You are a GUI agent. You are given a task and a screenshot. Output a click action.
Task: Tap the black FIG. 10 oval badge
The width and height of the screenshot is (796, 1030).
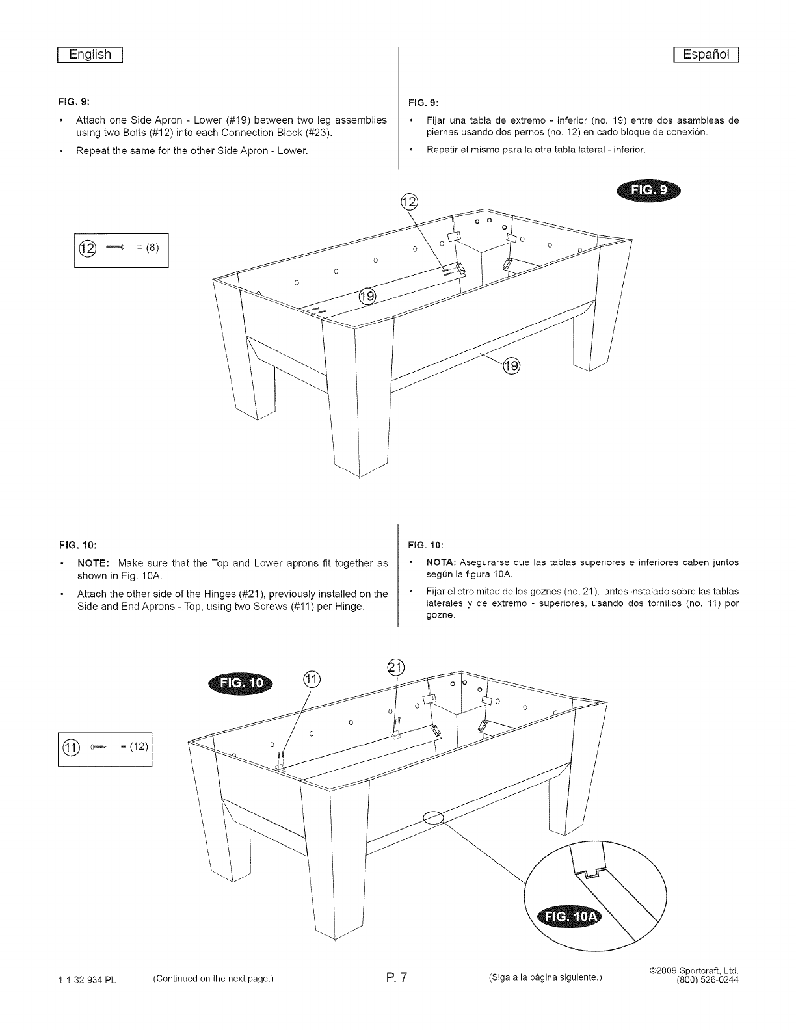241,683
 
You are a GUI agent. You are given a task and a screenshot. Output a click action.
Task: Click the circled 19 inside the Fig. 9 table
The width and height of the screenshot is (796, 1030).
367,297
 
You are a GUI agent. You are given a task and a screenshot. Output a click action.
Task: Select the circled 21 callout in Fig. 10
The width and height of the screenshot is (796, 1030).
395,667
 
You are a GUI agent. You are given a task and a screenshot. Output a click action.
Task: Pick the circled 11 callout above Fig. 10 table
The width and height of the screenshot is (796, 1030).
312,680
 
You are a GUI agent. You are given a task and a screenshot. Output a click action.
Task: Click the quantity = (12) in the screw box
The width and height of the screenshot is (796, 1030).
135,746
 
